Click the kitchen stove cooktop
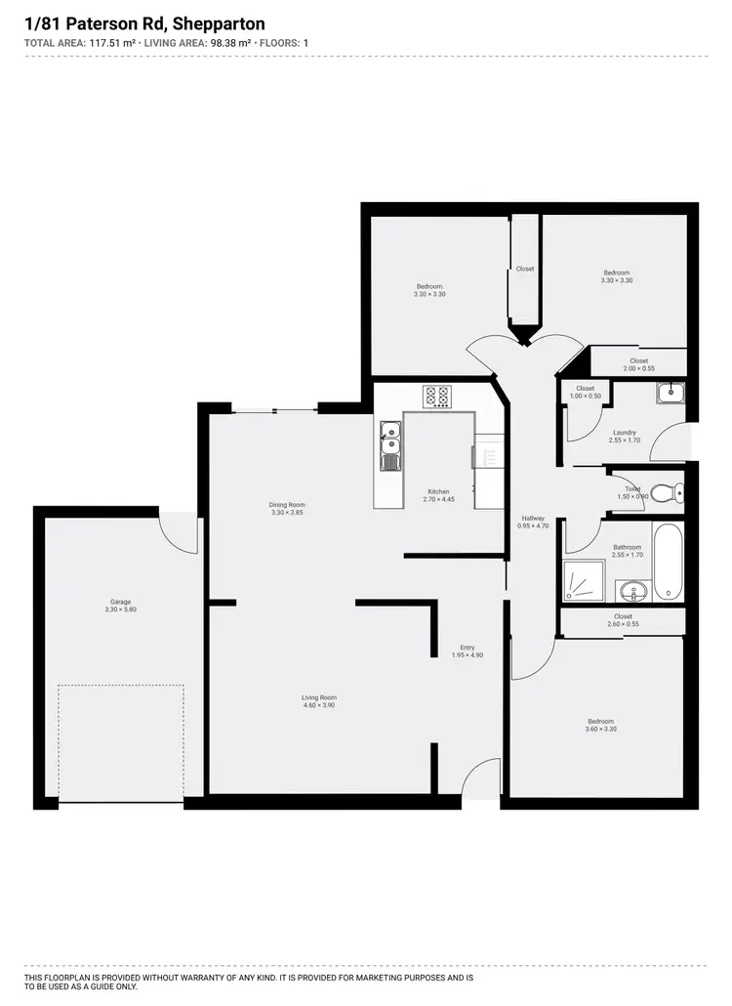(436, 397)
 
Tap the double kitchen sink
(389, 446)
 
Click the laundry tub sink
(671, 394)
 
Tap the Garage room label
(120, 602)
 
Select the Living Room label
(319, 697)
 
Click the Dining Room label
(287, 505)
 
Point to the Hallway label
(532, 519)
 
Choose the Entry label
(468, 648)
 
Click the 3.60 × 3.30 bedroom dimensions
(600, 730)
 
